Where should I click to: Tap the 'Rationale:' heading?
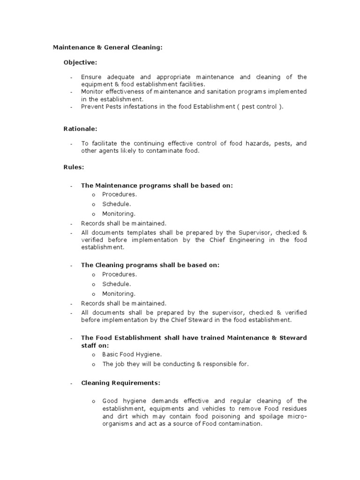click(80, 128)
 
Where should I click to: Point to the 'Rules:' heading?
click(74, 166)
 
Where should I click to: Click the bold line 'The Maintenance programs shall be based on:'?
click(157, 185)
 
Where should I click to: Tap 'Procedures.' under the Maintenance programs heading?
click(120, 194)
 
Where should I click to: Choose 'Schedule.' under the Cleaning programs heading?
click(117, 284)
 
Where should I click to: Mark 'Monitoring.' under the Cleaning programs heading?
click(119, 293)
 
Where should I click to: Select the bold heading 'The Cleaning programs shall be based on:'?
click(150, 265)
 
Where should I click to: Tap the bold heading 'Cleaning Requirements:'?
click(120, 383)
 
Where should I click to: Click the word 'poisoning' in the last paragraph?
click(209, 416)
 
